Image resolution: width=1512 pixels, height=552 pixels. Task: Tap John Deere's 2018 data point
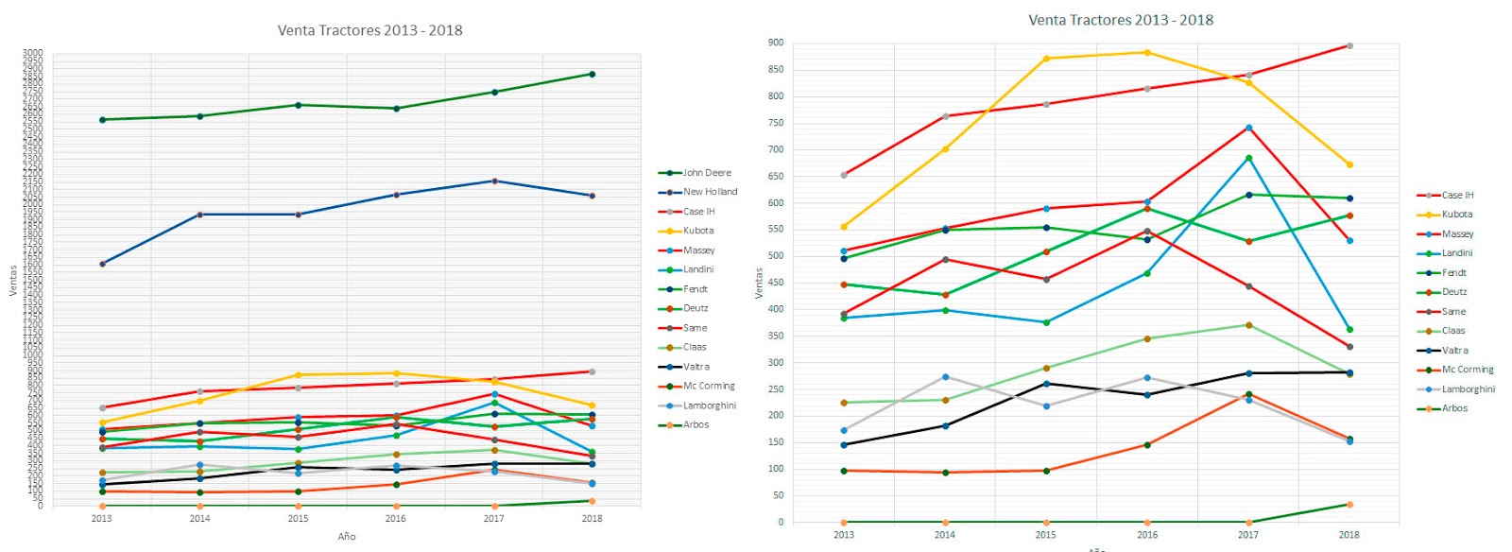(592, 74)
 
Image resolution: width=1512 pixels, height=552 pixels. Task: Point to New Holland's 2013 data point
(102, 264)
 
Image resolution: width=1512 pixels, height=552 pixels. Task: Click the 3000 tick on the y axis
(33, 54)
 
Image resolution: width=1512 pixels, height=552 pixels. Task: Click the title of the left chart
(369, 30)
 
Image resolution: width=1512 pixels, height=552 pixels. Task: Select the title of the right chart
(1120, 20)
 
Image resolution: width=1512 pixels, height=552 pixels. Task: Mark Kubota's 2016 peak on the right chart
(1147, 53)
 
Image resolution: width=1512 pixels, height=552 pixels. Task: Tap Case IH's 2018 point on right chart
(1349, 45)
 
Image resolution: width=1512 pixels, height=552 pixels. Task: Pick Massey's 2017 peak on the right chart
(1248, 128)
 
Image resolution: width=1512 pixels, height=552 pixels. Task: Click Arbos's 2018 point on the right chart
(1349, 505)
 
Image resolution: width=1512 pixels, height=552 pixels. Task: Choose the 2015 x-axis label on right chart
(1045, 535)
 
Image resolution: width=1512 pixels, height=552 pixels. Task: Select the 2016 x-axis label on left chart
(395, 518)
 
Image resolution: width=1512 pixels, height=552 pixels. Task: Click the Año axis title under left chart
(347, 537)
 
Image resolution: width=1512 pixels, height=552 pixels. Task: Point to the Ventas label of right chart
(759, 283)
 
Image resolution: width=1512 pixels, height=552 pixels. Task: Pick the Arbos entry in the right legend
(1454, 408)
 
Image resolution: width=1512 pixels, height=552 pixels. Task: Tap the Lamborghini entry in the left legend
(710, 405)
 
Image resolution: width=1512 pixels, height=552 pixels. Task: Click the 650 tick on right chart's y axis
(776, 176)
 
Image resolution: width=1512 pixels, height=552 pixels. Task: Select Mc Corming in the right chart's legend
(1468, 370)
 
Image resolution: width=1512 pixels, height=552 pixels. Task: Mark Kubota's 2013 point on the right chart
(844, 227)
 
